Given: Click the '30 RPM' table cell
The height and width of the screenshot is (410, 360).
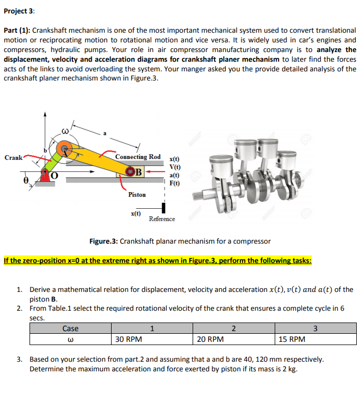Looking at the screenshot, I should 128,339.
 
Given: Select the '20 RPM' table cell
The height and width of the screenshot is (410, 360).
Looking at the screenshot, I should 209,339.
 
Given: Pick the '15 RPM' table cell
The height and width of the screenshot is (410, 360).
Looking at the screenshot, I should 292,339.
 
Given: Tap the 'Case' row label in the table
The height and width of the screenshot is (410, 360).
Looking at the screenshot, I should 70,328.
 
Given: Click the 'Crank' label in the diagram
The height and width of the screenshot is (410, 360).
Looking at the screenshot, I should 13,158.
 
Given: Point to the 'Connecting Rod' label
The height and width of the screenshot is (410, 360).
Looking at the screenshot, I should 138,157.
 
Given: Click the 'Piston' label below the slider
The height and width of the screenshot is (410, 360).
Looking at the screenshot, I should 137,195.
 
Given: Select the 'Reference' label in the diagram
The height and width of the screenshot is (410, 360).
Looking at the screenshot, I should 161,219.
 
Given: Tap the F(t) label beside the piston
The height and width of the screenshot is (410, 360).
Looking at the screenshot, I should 174,183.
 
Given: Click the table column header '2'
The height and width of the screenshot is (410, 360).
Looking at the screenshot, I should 233,328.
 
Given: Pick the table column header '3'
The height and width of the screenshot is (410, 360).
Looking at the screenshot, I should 315,328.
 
